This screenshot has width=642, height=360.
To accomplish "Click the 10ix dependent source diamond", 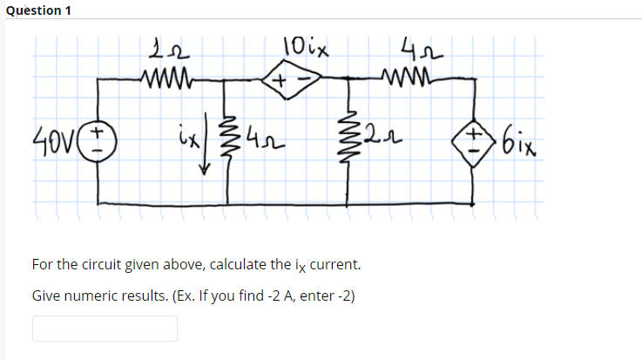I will click(x=287, y=80).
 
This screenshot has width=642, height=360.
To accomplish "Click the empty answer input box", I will click(x=105, y=328).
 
